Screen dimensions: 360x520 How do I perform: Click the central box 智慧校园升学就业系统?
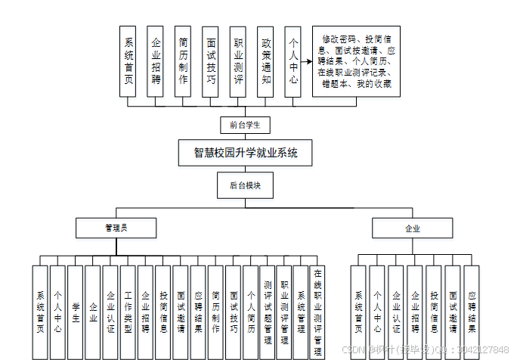tap(246, 153)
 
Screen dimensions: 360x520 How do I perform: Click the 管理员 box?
tap(116, 228)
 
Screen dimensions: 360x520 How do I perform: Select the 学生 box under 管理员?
tap(76, 311)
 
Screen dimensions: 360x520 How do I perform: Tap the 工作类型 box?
tap(128, 311)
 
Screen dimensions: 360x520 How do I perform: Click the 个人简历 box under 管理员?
tap(250, 311)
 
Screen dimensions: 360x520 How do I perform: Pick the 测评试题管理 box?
tap(268, 311)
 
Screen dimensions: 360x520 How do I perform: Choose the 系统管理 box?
tap(301, 311)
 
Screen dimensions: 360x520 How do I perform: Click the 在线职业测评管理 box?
tap(318, 311)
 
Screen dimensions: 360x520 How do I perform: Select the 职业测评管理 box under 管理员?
tap(284, 311)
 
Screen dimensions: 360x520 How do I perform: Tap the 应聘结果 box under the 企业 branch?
tap(472, 311)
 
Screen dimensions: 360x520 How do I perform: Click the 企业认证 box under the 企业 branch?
tap(396, 311)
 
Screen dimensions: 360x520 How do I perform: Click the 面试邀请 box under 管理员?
tap(181, 311)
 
